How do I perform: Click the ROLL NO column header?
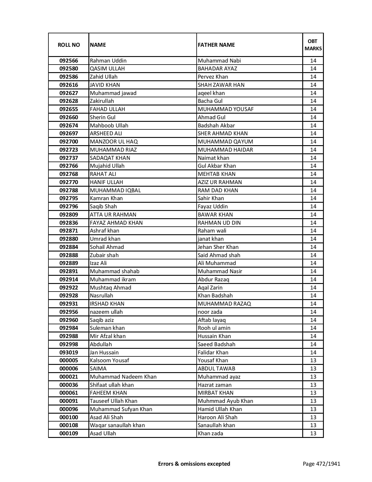pyautogui.click(x=69, y=45)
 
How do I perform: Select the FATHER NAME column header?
pyautogui.click(x=216, y=45)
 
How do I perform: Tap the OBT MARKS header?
pyautogui.click(x=313, y=45)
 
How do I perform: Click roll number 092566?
pyautogui.click(x=69, y=61)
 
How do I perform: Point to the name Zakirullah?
pyautogui.click(x=102, y=101)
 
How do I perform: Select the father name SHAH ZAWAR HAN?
pyautogui.click(x=221, y=85)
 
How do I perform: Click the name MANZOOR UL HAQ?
pyautogui.click(x=114, y=142)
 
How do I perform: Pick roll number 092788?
pyautogui.click(x=69, y=190)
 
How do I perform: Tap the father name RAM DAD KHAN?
pyautogui.click(x=218, y=190)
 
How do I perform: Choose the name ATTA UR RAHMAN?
pyautogui.click(x=113, y=215)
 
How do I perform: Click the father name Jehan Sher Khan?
pyautogui.click(x=218, y=247)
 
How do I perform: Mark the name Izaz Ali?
pyautogui.click(x=98, y=263)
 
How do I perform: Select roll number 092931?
pyautogui.click(x=69, y=304)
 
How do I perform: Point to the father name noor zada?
pyautogui.click(x=210, y=312)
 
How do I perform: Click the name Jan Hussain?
pyautogui.click(x=104, y=353)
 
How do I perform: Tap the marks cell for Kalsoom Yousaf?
pyautogui.click(x=313, y=360)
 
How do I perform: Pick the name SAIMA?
pyautogui.click(x=98, y=369)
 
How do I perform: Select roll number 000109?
pyautogui.click(x=69, y=434)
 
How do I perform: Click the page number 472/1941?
pyautogui.click(x=328, y=464)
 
